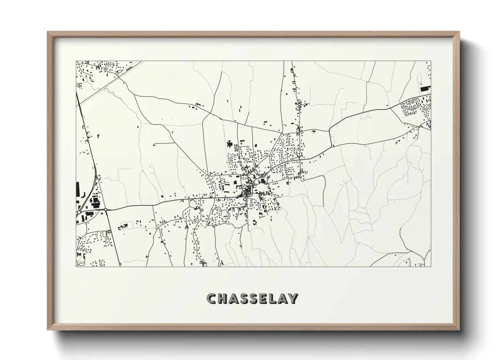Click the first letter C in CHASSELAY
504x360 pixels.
[211, 299]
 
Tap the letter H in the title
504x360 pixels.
[222, 299]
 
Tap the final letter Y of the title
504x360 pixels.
[293, 299]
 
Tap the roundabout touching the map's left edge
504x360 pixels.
[79, 212]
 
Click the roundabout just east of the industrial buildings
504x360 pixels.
[106, 210]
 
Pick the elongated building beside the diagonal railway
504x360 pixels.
[129, 68]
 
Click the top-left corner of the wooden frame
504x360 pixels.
[48, 32]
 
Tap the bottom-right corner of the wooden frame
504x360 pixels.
[460, 330]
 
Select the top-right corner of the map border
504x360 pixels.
[431, 61]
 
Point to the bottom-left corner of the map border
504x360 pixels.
[76, 267]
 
